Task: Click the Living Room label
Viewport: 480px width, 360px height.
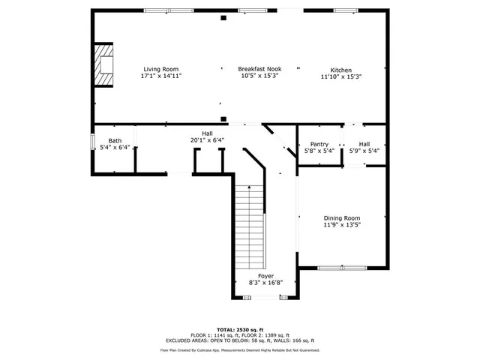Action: click(161, 69)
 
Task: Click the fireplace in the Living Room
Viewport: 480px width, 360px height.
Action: click(103, 64)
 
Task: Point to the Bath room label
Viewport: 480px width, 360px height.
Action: click(115, 140)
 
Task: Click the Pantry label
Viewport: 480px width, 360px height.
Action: click(319, 144)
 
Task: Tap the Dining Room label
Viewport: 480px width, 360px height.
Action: click(341, 217)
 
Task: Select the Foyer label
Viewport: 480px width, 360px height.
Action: click(265, 276)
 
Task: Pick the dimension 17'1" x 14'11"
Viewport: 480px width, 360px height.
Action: click(161, 76)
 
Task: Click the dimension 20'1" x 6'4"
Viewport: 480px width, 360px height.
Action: click(207, 139)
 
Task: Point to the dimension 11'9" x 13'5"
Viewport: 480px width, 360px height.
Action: click(341, 224)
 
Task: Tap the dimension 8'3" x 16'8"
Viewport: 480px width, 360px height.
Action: click(265, 283)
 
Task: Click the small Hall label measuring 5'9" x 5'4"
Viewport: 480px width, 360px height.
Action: click(364, 144)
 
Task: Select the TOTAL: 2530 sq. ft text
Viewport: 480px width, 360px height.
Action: click(240, 329)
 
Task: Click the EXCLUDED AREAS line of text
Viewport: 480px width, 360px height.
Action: click(240, 340)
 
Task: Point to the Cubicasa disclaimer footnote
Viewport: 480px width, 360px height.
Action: click(240, 350)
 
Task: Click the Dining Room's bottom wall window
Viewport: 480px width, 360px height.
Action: click(341, 268)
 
